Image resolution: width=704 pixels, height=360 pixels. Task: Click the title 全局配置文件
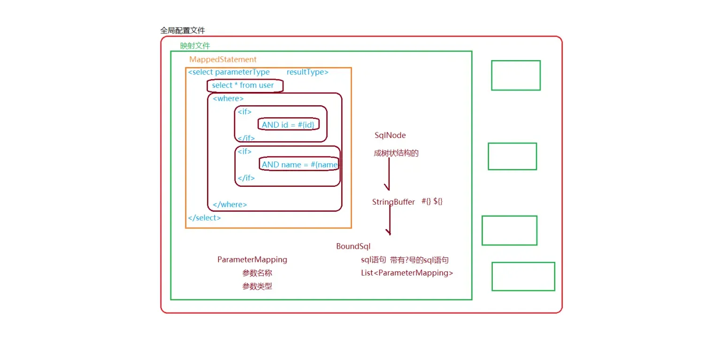(183, 31)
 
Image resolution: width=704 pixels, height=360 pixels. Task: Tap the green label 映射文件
(195, 46)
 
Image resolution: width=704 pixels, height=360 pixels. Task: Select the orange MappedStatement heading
(223, 60)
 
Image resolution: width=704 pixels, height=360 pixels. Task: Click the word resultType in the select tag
(307, 72)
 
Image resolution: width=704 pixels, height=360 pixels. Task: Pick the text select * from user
(243, 85)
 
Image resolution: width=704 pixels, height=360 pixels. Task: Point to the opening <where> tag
(228, 99)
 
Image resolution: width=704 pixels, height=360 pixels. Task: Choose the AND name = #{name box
(299, 165)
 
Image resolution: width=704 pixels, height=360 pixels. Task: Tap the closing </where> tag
(230, 205)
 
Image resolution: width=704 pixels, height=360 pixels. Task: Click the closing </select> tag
(204, 218)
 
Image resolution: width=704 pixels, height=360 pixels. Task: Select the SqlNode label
(390, 136)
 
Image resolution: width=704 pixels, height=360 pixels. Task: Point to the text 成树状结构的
(396, 153)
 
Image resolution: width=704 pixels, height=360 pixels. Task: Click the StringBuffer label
(393, 202)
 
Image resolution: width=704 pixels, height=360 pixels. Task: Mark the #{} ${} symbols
(432, 201)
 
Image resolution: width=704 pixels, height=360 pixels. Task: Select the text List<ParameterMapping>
(404, 273)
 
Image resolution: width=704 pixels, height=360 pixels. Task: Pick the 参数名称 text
(257, 273)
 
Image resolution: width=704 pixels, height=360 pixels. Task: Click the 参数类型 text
(257, 286)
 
